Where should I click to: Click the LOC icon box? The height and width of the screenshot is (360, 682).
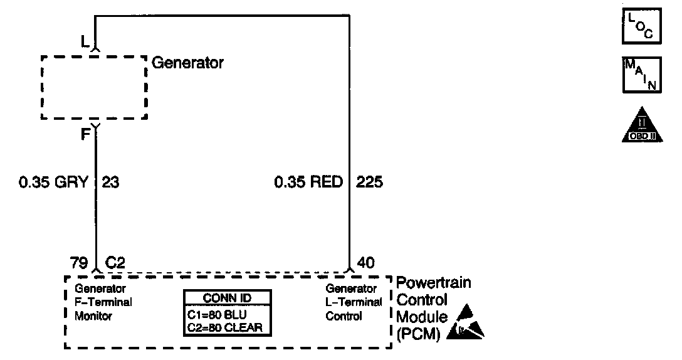coord(642,26)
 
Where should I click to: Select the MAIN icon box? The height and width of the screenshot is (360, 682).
coord(642,75)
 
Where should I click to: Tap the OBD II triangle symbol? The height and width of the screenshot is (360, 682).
coord(642,125)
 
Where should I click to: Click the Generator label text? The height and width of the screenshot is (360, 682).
coord(187,63)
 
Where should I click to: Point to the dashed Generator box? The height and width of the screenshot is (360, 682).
coord(94,87)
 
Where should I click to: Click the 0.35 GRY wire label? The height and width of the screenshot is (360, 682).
coord(53,183)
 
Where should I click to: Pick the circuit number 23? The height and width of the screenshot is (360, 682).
coord(110,183)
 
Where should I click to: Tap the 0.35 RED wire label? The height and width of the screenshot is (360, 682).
coord(308,183)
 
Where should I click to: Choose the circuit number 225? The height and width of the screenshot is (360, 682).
coord(369,183)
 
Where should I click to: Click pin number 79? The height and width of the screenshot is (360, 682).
coord(78,263)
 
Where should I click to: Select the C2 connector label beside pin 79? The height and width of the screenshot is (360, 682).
coord(115,263)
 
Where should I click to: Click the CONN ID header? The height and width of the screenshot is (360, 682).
coord(228,298)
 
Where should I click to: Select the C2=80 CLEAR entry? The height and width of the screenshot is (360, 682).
coord(224,327)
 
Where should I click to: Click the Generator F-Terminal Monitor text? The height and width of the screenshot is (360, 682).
coord(103,302)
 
